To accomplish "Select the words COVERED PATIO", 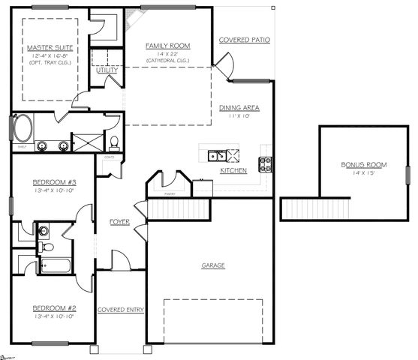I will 244,40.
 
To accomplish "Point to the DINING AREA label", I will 239,108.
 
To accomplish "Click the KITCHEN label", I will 233,171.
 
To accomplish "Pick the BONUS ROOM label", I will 363,164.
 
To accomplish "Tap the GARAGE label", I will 213,265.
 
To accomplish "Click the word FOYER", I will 120,222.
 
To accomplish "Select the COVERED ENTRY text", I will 120,310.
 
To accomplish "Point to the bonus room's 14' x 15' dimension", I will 363,173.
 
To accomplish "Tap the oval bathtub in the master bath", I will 21,127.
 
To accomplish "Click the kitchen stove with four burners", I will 266,163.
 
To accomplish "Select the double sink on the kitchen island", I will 216,156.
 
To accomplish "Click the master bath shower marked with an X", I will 86,142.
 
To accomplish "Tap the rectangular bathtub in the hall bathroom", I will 55,265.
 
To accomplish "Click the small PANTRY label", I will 170,193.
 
